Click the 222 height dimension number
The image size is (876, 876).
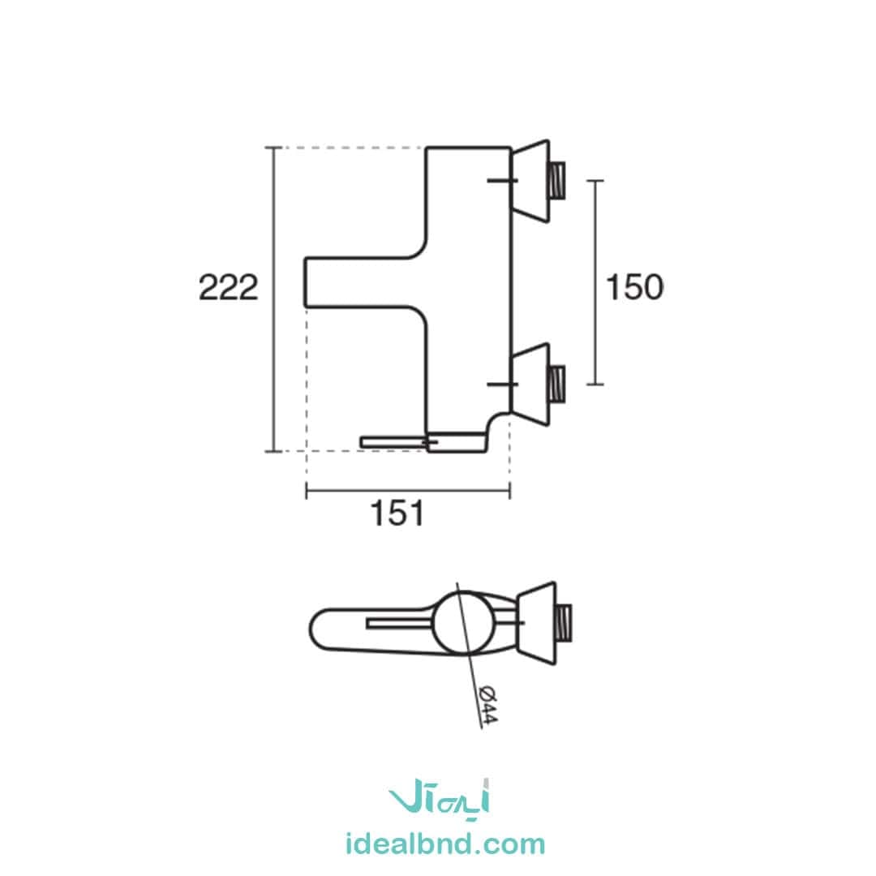[x=229, y=288]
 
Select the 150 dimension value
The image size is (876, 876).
[x=634, y=287]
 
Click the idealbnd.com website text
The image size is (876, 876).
[x=445, y=844]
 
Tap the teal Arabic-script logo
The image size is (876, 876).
[x=439, y=797]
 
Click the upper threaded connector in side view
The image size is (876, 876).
[x=557, y=180]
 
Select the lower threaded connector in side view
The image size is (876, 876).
[x=557, y=384]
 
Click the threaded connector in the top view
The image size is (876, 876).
[x=565, y=622]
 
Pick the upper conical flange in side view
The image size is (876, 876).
[x=531, y=181]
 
